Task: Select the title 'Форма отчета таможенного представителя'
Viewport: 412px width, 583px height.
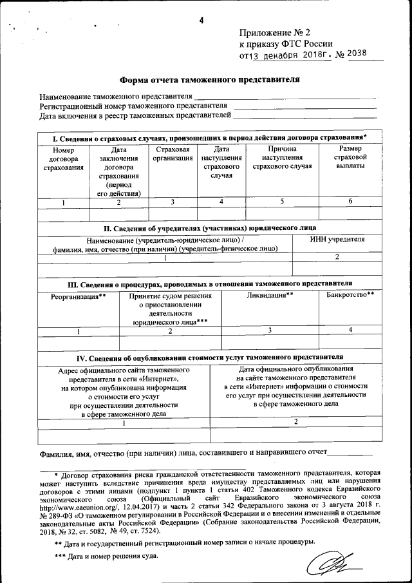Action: click(210, 80)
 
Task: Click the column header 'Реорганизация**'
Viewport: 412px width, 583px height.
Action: click(79, 296)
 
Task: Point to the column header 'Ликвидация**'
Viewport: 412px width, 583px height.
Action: click(270, 295)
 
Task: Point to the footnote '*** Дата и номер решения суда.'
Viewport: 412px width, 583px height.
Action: click(106, 555)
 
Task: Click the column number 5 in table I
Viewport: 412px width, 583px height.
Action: click(282, 202)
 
